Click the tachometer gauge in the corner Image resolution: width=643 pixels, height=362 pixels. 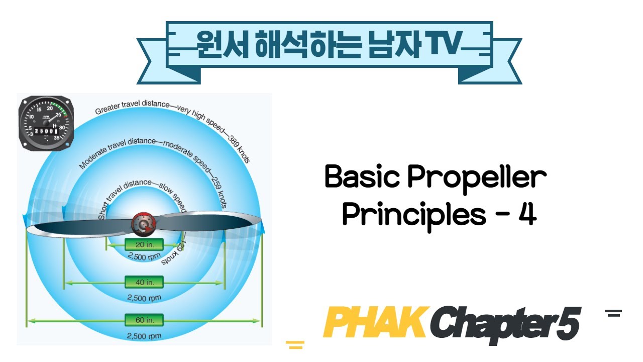(x=46, y=123)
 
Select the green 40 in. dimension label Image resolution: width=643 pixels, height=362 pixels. (x=144, y=282)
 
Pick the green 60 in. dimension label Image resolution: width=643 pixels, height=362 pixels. (x=144, y=320)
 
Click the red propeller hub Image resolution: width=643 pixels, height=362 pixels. (x=144, y=224)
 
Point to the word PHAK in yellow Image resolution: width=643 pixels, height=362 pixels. (x=374, y=323)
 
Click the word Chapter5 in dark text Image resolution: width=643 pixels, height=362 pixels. (x=505, y=324)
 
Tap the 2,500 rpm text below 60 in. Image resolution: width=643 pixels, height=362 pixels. (x=144, y=336)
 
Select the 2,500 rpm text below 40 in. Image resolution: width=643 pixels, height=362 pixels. (x=144, y=298)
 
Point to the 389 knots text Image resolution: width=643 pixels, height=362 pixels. (x=240, y=149)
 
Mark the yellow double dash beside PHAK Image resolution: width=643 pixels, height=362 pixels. (x=295, y=344)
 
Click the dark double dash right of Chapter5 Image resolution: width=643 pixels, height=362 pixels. (x=613, y=313)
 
